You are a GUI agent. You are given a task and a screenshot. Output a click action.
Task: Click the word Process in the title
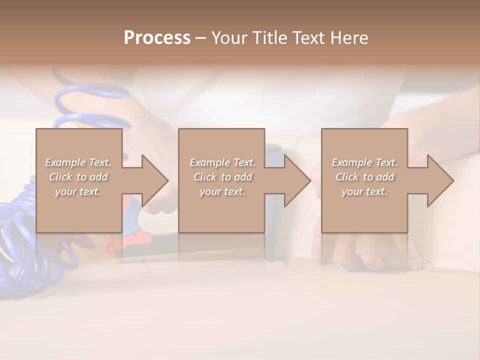click(x=157, y=38)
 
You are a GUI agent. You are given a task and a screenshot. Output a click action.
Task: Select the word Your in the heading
click(x=228, y=38)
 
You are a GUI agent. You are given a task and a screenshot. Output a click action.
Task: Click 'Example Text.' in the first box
click(x=78, y=162)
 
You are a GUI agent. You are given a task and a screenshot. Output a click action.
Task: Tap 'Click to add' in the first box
click(x=78, y=177)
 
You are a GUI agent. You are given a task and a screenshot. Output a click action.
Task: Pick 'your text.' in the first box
click(x=78, y=191)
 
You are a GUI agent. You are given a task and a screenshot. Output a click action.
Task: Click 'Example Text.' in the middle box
click(x=222, y=162)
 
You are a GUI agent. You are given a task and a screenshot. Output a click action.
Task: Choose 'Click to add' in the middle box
click(x=222, y=177)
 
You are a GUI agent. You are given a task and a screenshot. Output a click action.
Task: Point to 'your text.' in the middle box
click(x=222, y=191)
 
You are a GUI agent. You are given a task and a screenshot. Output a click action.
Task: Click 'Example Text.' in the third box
click(x=364, y=162)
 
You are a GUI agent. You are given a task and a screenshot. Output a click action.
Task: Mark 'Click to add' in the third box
click(x=364, y=177)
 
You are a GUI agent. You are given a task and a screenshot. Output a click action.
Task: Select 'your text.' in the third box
click(x=364, y=191)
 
